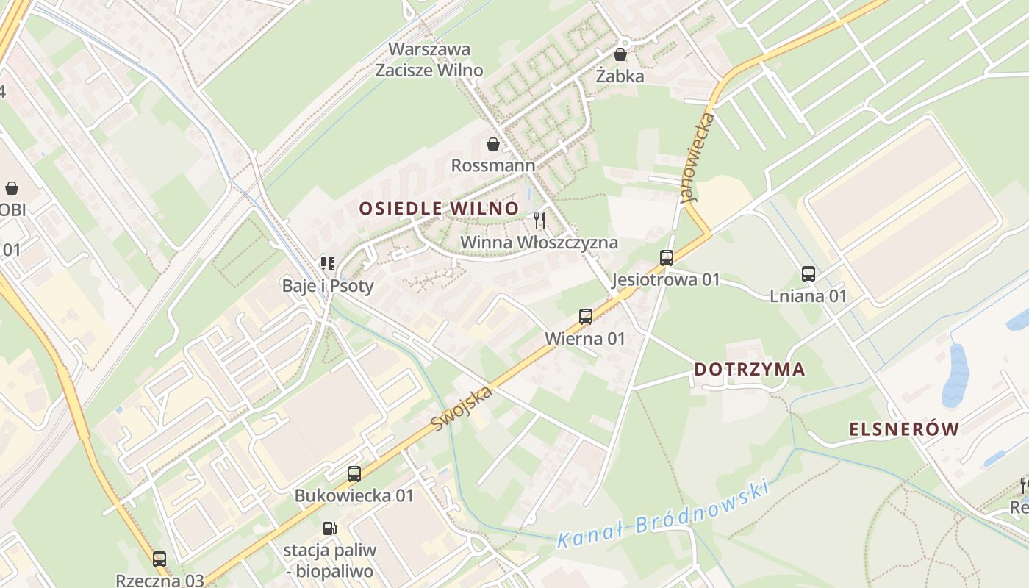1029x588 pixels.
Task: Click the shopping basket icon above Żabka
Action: (620, 54)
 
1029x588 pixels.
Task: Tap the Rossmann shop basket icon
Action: (492, 144)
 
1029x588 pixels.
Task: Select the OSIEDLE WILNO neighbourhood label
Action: (439, 208)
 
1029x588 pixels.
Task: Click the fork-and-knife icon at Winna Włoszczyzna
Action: (539, 220)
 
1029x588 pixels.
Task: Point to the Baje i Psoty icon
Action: (328, 264)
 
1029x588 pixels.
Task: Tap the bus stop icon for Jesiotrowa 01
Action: (667, 258)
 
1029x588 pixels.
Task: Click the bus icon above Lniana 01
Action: (808, 274)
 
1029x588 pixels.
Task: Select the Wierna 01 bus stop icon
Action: (586, 317)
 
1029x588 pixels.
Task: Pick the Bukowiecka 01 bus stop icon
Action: (354, 474)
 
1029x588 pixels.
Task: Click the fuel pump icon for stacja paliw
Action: (330, 528)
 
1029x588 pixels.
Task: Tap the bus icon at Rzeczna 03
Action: (159, 559)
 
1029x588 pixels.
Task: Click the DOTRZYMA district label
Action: (750, 369)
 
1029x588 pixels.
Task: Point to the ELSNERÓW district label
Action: (904, 429)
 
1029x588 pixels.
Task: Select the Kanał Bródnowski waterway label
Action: (663, 514)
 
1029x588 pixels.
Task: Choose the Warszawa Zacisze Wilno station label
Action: (429, 60)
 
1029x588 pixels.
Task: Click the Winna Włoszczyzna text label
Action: (539, 243)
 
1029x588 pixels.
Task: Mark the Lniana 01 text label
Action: (808, 296)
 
